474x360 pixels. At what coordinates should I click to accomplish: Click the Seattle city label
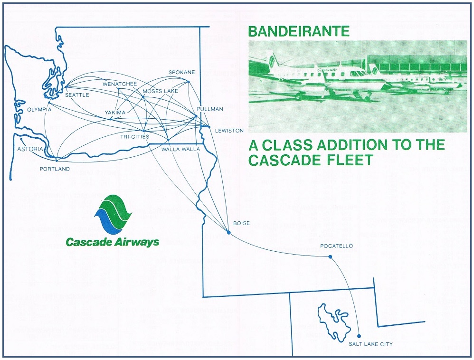coord(77,95)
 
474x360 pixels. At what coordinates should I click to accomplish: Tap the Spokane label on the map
coord(182,72)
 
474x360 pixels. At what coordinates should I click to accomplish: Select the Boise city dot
coord(229,233)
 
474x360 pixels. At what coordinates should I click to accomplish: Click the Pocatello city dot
coord(330,257)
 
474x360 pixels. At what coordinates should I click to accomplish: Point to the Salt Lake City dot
coord(359,335)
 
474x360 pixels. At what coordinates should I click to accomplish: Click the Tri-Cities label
coord(134,137)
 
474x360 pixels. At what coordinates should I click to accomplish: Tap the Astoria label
coord(30,149)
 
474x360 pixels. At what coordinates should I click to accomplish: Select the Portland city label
coord(55,169)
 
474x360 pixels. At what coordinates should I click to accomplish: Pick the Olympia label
coord(39,110)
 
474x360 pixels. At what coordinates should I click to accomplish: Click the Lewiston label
coord(229,131)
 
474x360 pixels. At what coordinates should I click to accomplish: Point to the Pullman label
coord(209,109)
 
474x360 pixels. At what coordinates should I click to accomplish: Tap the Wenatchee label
coord(119,84)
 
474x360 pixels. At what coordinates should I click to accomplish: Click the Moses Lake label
coord(160,91)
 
